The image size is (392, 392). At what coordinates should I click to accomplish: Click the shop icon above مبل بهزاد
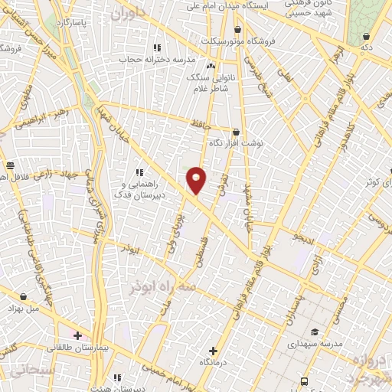click(x=25, y=296)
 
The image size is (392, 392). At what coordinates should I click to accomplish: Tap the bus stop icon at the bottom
click(x=305, y=381)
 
